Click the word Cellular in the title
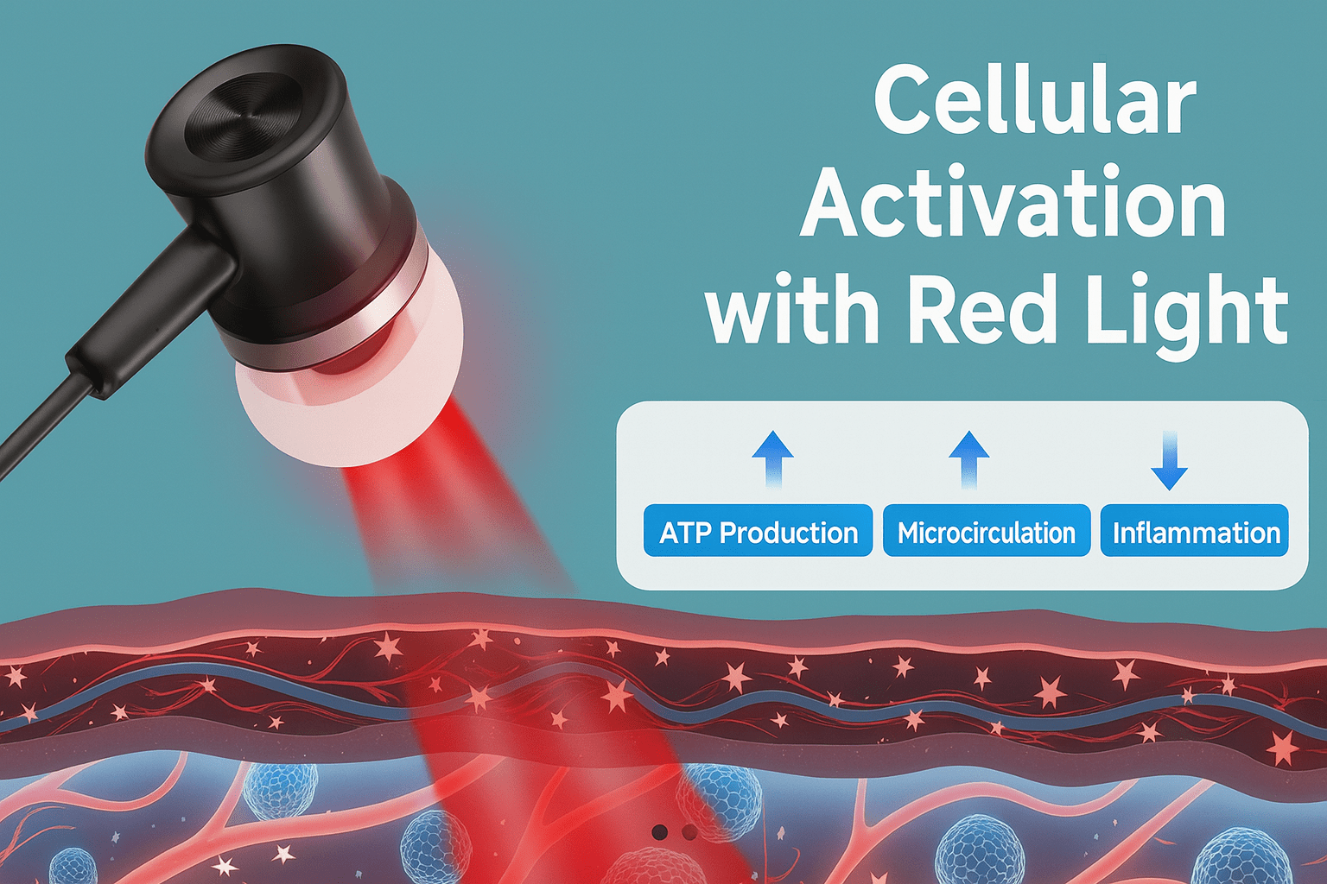pyautogui.click(x=1035, y=106)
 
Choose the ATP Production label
pyautogui.click(x=759, y=531)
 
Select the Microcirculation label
pyautogui.click(x=987, y=531)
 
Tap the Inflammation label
pyautogui.click(x=1194, y=531)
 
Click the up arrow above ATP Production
pyautogui.click(x=772, y=459)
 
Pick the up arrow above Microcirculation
pyautogui.click(x=968, y=459)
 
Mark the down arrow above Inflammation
pyautogui.click(x=1169, y=461)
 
